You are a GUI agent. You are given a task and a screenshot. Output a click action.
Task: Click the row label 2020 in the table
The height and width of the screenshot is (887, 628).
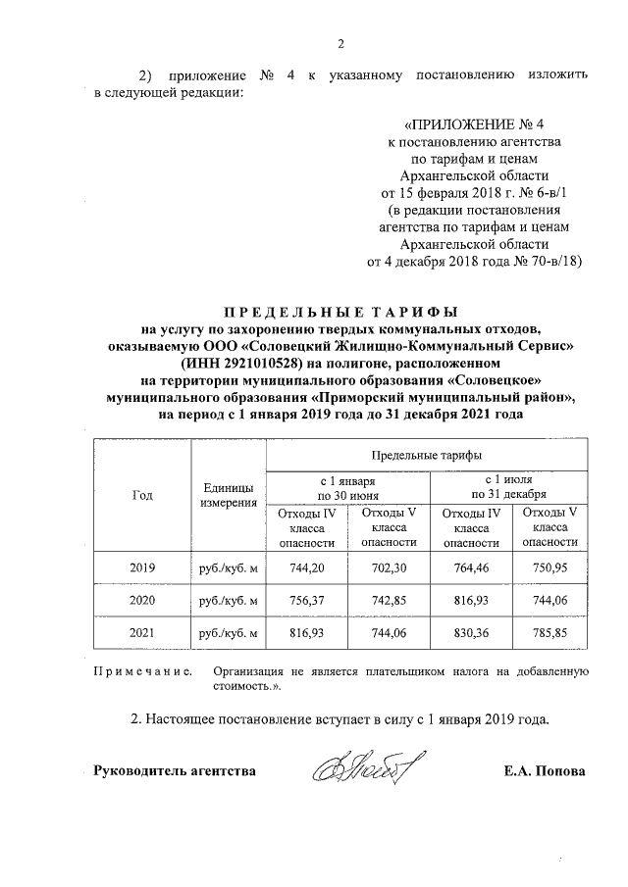(x=142, y=601)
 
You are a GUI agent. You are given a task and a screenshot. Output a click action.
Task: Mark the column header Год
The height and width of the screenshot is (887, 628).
(x=142, y=495)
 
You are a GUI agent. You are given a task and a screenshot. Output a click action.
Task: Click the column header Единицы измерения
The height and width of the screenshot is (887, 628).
(x=229, y=495)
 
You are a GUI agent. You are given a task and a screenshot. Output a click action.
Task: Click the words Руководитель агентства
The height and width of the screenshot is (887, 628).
(x=174, y=771)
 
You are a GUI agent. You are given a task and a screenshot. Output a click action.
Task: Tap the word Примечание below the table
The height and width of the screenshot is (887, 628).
(x=140, y=671)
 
